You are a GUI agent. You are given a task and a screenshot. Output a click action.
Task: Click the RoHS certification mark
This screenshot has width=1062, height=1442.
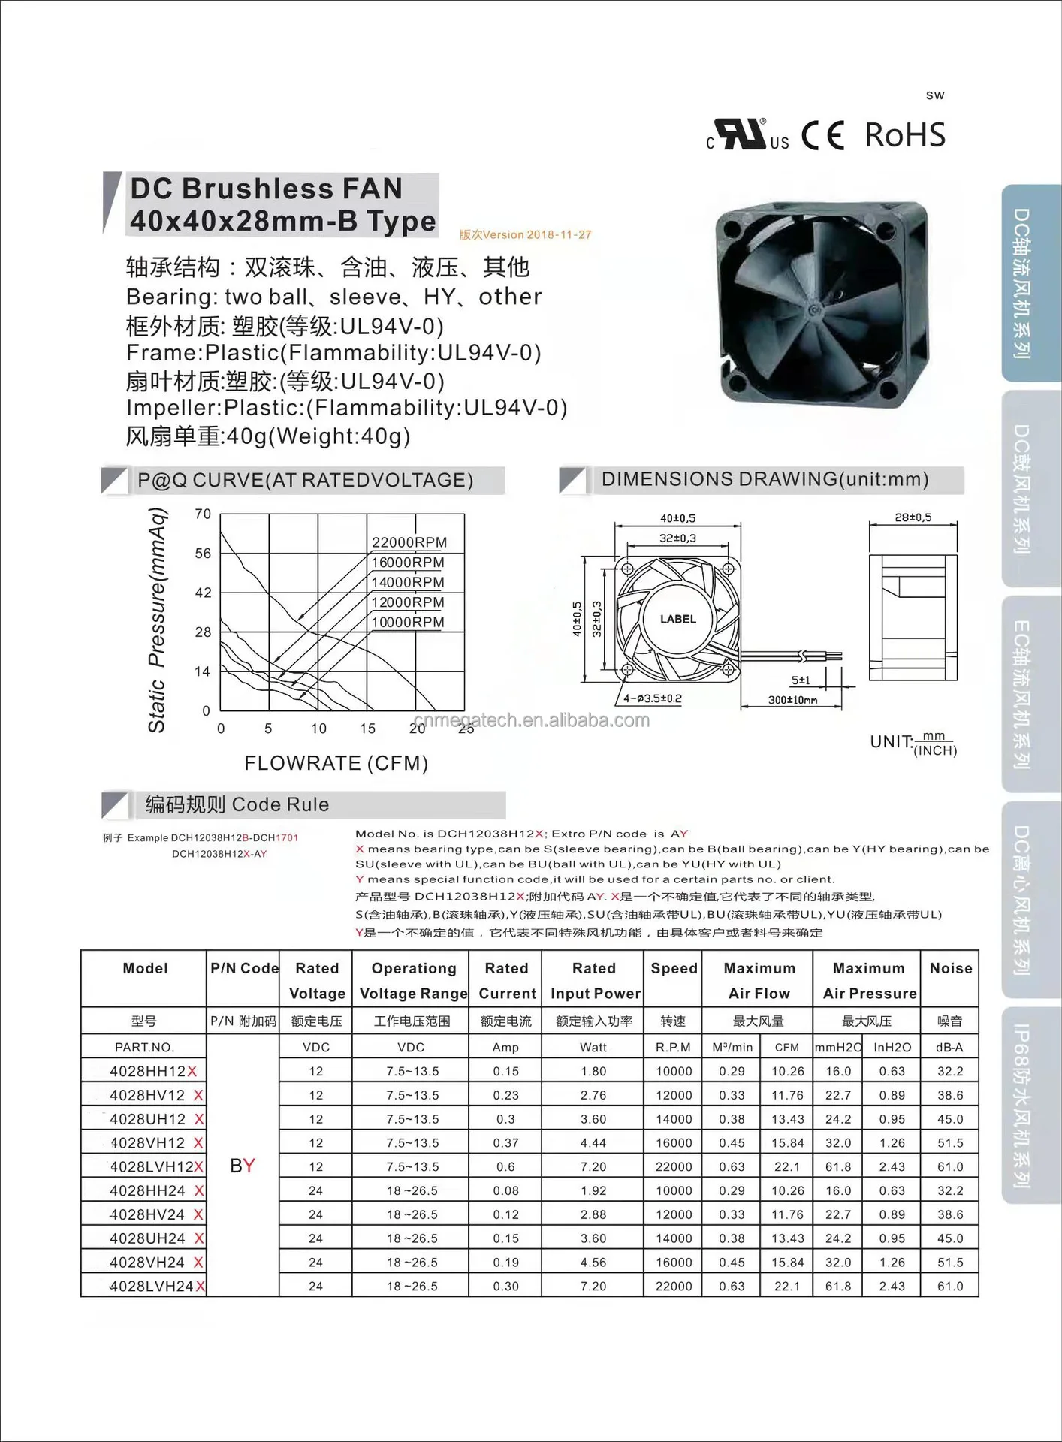[x=904, y=135]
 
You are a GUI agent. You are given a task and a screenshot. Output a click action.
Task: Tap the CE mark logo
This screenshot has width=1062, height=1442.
[x=822, y=136]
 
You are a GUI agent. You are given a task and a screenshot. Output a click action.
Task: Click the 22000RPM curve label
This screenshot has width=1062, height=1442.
[x=409, y=542]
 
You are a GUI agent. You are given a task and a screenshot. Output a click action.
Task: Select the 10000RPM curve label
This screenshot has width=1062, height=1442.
[x=408, y=622]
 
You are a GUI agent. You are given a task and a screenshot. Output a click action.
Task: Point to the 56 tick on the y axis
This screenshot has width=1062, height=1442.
[x=203, y=554]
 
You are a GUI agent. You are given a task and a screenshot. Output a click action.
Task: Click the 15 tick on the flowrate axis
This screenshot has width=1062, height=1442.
[x=367, y=729]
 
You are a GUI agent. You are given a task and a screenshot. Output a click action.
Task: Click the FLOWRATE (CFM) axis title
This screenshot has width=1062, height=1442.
[x=336, y=763]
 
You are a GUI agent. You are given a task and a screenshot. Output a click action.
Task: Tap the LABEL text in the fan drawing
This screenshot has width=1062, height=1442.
[x=677, y=620]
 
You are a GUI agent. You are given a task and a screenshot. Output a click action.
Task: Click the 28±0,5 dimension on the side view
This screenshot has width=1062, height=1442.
[x=913, y=517]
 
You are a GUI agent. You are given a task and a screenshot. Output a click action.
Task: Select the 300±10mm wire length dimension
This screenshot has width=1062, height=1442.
[x=792, y=700]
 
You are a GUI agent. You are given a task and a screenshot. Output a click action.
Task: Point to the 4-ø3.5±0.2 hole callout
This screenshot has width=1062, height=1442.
[x=653, y=698]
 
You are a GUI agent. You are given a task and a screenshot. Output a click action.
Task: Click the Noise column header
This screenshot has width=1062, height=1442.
[x=950, y=968]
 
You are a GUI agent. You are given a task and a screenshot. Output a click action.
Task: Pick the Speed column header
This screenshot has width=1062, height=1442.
[x=674, y=968]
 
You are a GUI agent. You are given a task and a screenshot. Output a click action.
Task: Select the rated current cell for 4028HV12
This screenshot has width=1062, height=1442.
[x=505, y=1095]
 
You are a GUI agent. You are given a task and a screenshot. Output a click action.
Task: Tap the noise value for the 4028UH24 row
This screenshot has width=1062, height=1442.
[x=949, y=1238]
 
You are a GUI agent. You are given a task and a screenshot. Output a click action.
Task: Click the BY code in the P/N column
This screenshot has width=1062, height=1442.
[x=243, y=1166]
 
